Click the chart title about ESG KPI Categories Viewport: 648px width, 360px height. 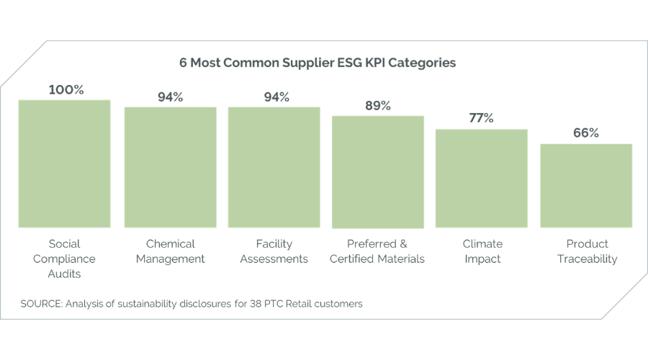pyautogui.click(x=318, y=63)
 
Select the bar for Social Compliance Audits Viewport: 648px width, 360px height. pyautogui.click(x=65, y=163)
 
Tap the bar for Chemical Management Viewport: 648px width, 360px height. pyautogui.click(x=170, y=168)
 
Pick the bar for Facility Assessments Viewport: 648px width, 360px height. pyautogui.click(x=274, y=168)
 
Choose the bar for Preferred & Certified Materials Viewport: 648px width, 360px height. pyautogui.click(x=378, y=171)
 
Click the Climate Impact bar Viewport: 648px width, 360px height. pyautogui.click(x=482, y=179)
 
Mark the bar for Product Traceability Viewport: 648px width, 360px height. pyautogui.click(x=586, y=186)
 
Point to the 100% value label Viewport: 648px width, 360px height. pyautogui.click(x=66, y=90)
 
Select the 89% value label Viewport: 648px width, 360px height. pyautogui.click(x=377, y=106)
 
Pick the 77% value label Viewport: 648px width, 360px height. pyautogui.click(x=481, y=119)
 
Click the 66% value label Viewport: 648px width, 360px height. pyautogui.click(x=586, y=133)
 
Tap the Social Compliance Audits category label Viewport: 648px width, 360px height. pyautogui.click(x=72, y=258)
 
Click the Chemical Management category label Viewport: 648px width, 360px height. pyautogui.click(x=170, y=251)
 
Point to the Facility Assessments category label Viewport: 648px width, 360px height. pyautogui.click(x=274, y=251)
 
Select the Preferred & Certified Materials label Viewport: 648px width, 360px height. pyautogui.click(x=377, y=251)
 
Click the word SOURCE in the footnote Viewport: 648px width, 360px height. pyautogui.click(x=41, y=304)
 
